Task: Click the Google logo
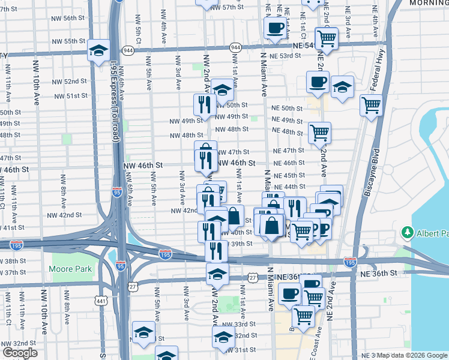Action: (20, 353)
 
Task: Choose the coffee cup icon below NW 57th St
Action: (274, 27)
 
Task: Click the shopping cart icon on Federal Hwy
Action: (372, 106)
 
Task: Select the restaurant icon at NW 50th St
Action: (204, 104)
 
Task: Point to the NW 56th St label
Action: (83, 18)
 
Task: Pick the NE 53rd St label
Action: (285, 56)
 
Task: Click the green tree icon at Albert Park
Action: (408, 232)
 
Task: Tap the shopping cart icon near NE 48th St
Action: (319, 131)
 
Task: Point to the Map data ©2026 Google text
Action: (409, 355)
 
